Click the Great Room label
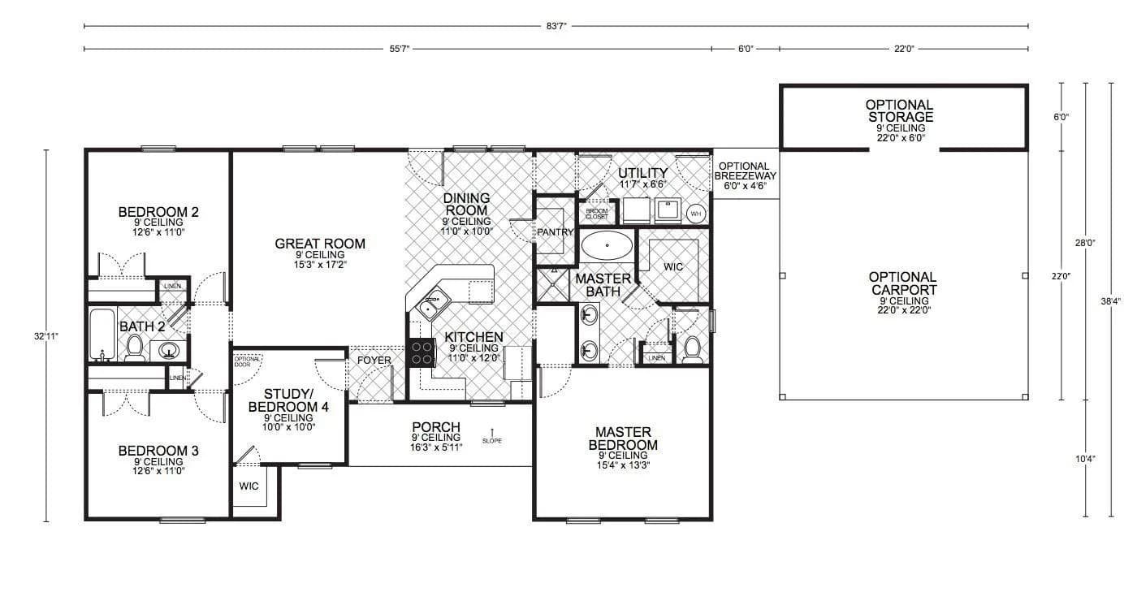point(320,244)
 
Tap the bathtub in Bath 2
point(102,334)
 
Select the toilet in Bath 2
point(136,348)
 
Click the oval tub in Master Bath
point(607,244)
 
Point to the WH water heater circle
point(696,214)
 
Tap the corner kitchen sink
point(430,307)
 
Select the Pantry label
point(556,232)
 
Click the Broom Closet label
point(597,214)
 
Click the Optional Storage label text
point(899,111)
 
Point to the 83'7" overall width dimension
point(556,27)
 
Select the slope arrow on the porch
point(492,432)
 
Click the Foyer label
point(374,361)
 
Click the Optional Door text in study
point(247,361)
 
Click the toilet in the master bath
point(692,349)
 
